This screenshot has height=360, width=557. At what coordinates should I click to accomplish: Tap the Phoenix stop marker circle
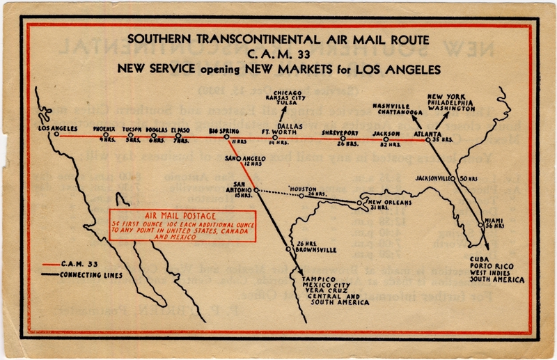(106, 136)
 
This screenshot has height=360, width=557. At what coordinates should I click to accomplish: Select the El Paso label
(180, 130)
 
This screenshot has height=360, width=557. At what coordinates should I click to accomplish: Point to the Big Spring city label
(224, 130)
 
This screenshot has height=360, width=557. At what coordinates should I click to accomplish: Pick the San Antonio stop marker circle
(256, 189)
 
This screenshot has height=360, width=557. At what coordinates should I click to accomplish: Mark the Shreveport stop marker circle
(343, 138)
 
